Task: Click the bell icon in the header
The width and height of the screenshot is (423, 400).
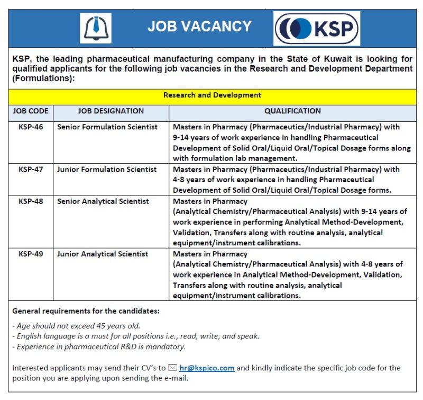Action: pos(95,28)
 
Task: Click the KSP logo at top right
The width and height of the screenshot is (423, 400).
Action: pos(316,28)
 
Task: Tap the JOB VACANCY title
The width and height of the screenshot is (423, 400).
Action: pos(199,26)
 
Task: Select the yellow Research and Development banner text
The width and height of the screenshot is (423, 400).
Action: pos(212,95)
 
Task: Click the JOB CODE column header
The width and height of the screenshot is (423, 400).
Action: pos(31,111)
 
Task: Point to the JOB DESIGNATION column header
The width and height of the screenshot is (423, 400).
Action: pos(111,111)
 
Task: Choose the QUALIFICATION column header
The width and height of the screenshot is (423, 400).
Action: pos(292,111)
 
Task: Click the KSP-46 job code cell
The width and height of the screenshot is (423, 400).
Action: pos(31,127)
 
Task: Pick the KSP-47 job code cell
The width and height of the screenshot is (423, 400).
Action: pos(31,170)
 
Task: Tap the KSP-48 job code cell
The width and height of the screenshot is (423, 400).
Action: pos(31,201)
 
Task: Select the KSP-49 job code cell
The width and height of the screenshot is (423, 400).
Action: pos(31,254)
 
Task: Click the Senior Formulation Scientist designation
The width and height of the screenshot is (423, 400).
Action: pos(107,127)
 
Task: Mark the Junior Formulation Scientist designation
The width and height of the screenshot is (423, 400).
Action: pos(107,170)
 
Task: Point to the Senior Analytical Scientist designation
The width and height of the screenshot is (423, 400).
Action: pos(103,201)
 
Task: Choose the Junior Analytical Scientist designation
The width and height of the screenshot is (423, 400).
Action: pos(103,254)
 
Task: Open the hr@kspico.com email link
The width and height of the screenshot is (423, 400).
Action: pos(207,368)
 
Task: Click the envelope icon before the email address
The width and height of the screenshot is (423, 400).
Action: pos(172,368)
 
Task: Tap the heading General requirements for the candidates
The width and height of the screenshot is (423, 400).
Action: pos(86,310)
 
